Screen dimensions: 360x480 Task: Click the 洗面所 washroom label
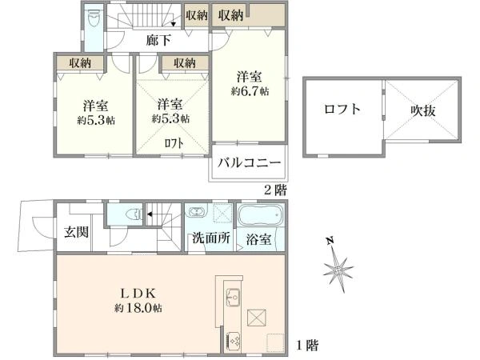tap(210, 238)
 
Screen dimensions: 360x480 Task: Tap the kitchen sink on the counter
tap(232, 297)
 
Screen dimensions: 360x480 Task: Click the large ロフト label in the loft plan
tap(342, 110)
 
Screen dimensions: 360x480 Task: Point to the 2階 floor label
tap(275, 190)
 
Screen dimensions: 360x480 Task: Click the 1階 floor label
tap(308, 346)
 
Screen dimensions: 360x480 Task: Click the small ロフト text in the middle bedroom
tap(173, 143)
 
